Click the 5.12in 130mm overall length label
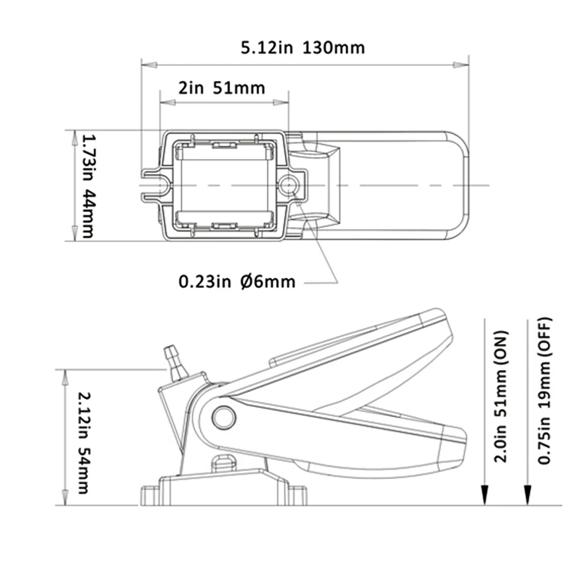click(303, 48)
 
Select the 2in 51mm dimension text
click(221, 88)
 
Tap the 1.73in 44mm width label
click(88, 186)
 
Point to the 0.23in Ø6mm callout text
click(236, 282)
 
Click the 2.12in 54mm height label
click(84, 442)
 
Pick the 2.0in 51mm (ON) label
click(501, 397)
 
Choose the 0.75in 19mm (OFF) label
click(544, 391)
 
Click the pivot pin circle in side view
click(224, 417)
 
